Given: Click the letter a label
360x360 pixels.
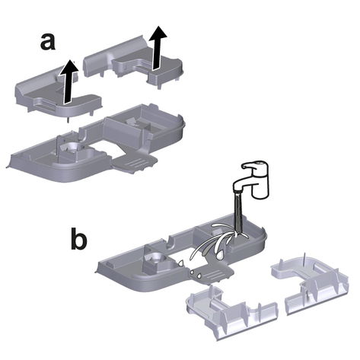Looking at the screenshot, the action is tap(47, 42).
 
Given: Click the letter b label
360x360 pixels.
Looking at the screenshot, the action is tap(78, 238).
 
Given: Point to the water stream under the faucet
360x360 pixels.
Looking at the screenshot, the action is tap(238, 212).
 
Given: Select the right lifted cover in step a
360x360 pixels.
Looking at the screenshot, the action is tap(134, 62).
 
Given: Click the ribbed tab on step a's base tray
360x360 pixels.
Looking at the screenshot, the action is tap(135, 162).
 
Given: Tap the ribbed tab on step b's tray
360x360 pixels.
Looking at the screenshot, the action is tap(211, 273).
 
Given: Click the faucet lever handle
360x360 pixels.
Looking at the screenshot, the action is tap(253, 164).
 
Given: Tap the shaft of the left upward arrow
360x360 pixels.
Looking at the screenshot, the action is tap(68, 89).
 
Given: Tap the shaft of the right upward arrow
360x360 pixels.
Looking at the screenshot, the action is tap(157, 55).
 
